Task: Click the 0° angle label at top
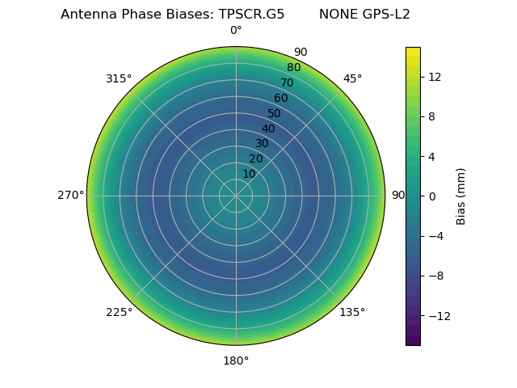(236, 31)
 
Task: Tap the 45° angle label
(352, 78)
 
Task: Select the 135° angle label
(352, 312)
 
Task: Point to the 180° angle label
(236, 361)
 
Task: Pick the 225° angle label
(119, 312)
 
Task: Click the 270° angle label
(70, 195)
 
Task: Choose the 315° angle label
(119, 78)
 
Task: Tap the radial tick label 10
(249, 174)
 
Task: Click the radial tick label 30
(262, 144)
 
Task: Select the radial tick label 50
(275, 113)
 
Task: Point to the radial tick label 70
(288, 82)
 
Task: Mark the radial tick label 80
(293, 68)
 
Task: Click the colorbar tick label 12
(433, 77)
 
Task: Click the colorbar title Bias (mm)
(461, 196)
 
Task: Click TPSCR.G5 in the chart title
(251, 15)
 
